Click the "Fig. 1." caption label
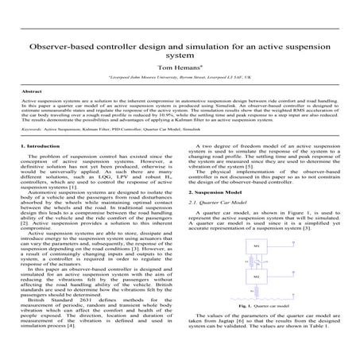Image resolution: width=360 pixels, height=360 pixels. [x=246, y=306]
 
